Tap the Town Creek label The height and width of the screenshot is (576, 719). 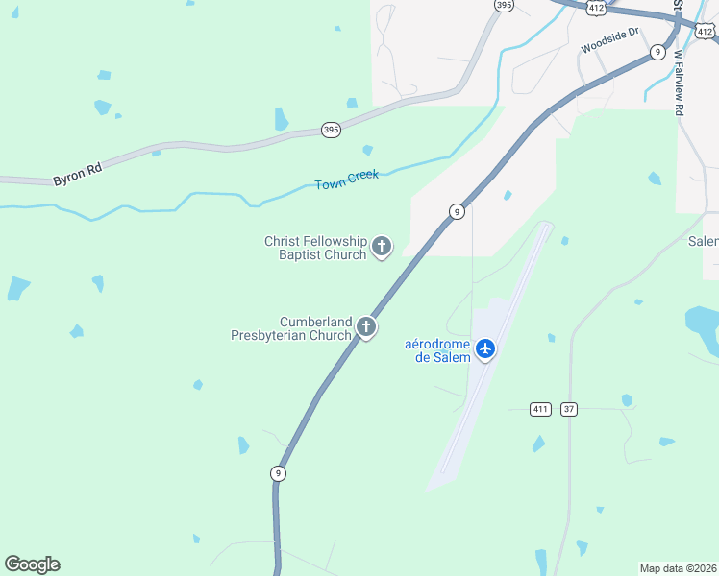[x=347, y=180]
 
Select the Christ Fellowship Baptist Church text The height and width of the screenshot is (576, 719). [x=315, y=248]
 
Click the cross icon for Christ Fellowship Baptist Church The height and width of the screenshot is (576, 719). [x=382, y=248]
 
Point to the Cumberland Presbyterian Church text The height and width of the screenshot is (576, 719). [x=290, y=328]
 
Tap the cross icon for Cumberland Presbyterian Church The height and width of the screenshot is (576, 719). [x=365, y=327]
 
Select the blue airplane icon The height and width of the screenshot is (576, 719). [x=485, y=348]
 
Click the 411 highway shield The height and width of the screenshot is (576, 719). [x=541, y=409]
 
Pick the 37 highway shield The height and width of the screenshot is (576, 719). [x=569, y=409]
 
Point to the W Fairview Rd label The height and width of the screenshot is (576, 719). [x=681, y=83]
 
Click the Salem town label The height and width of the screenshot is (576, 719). [x=704, y=242]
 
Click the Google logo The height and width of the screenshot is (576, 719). [x=32, y=564]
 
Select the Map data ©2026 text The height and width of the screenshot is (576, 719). [x=679, y=567]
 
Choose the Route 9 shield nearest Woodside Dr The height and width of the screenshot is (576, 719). [x=657, y=51]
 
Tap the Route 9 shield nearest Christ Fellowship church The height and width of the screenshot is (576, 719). [x=457, y=211]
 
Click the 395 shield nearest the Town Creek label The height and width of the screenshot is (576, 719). [x=331, y=130]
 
